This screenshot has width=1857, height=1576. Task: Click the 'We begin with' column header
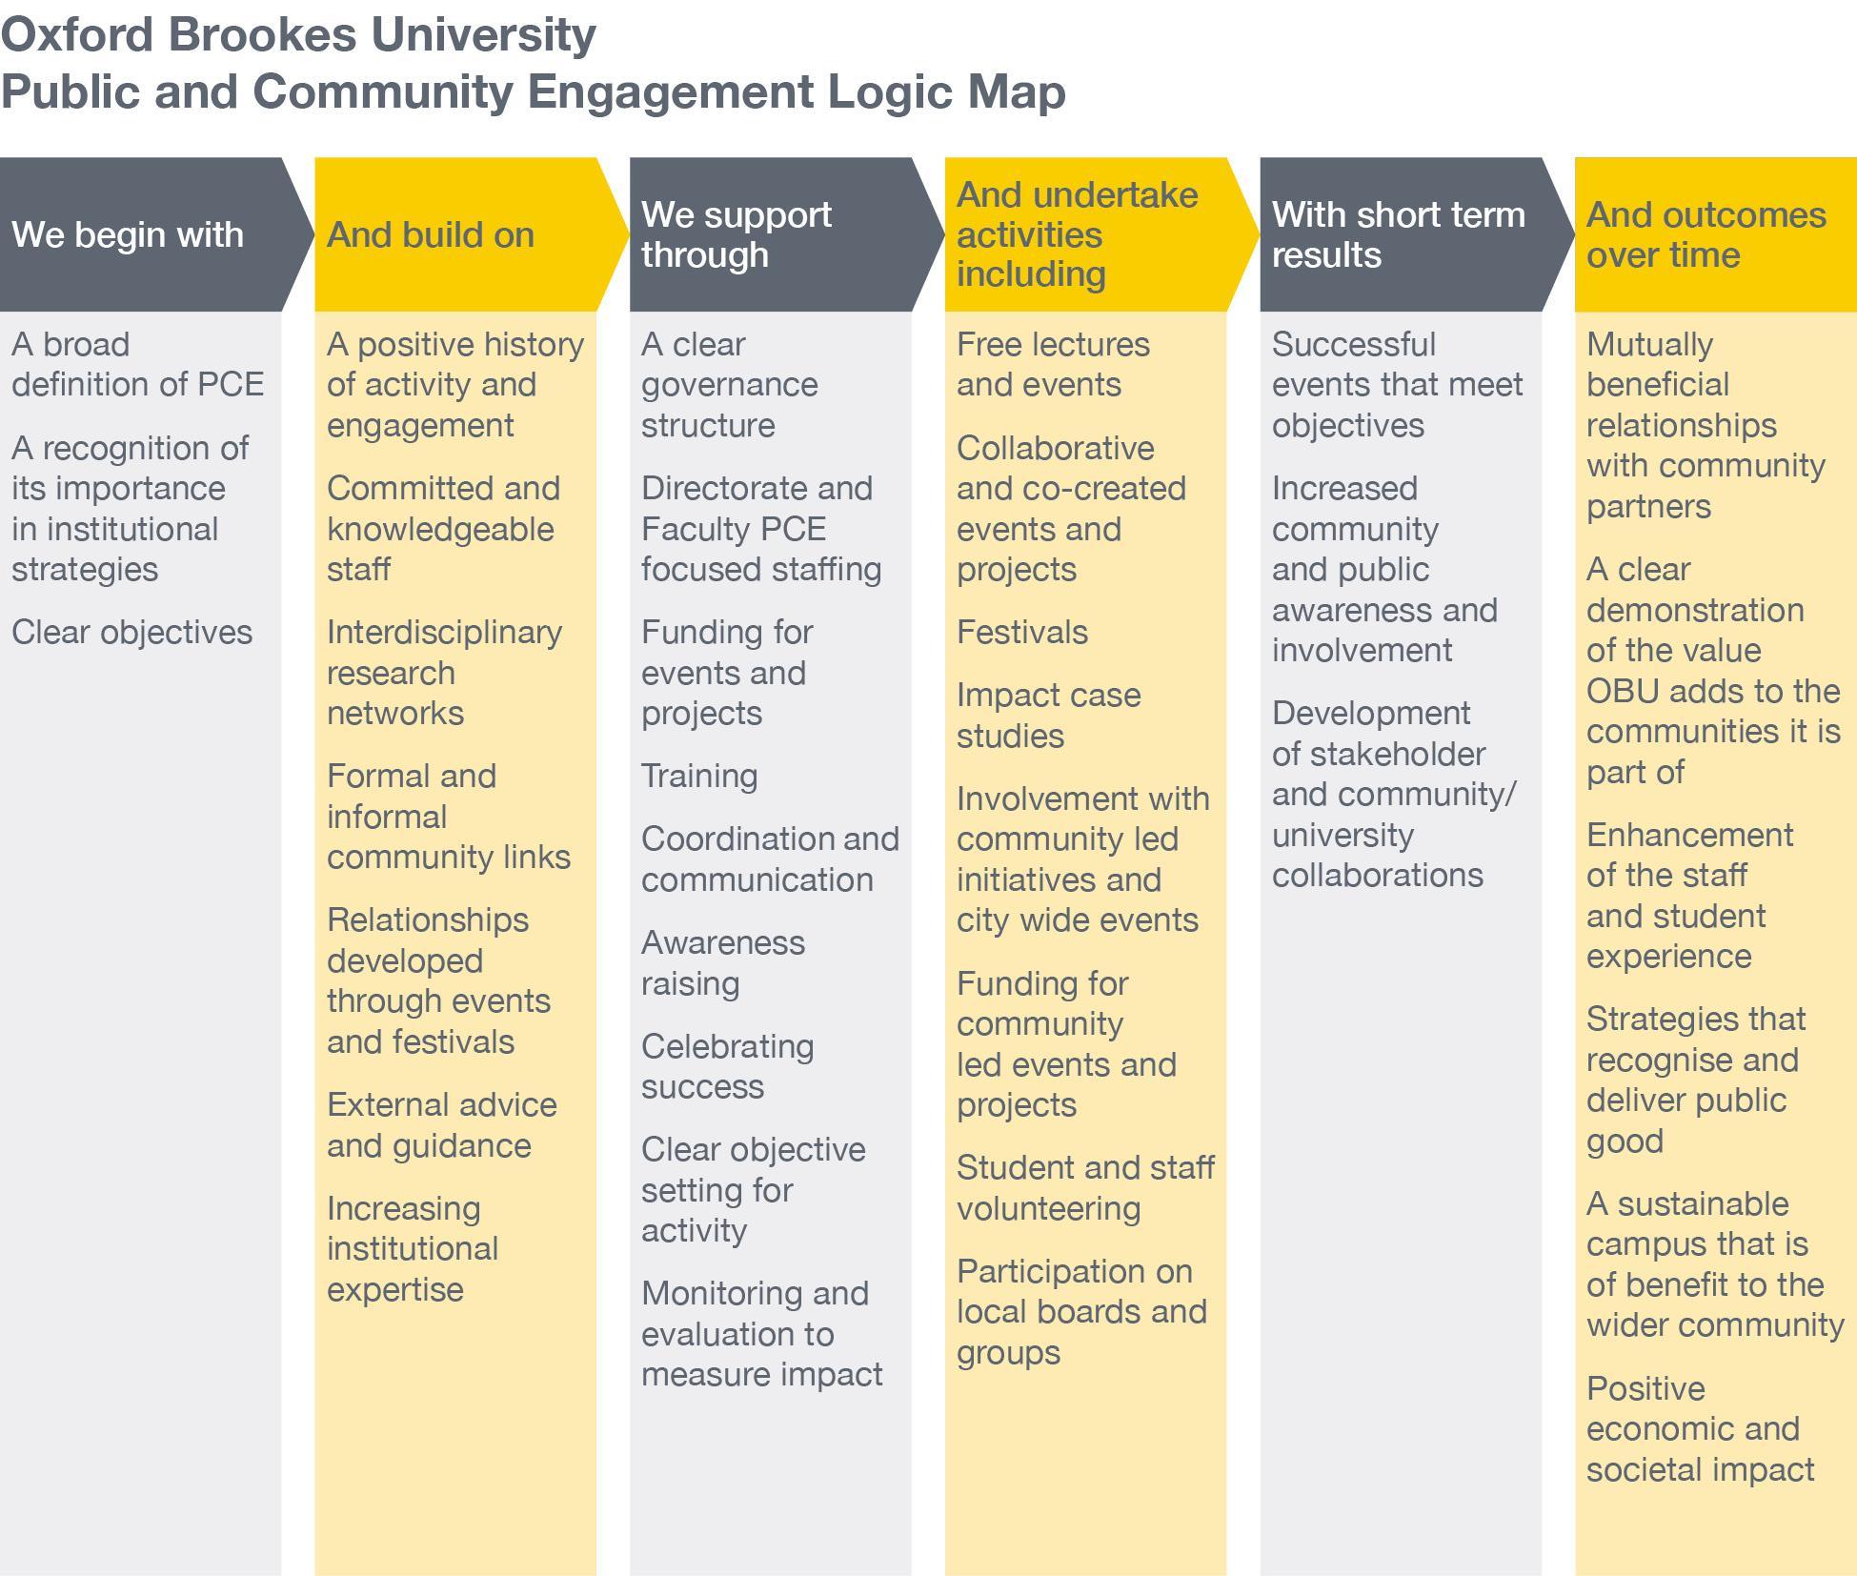[x=128, y=234]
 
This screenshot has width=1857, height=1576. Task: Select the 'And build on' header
[x=431, y=234]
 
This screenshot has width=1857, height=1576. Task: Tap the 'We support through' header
[x=736, y=234]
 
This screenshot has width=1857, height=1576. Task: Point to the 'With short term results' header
[x=1398, y=234]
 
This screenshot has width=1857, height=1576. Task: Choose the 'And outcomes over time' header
[x=1706, y=234]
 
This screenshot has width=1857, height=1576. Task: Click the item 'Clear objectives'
[x=131, y=632]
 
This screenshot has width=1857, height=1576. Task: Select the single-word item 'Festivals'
[x=1021, y=632]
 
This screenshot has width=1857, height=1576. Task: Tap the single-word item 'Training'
[x=699, y=776]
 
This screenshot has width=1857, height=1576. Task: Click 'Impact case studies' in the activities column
[x=1048, y=715]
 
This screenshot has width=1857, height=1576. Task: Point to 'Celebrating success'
[x=727, y=1066]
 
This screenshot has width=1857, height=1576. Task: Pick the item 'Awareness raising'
[x=722, y=962]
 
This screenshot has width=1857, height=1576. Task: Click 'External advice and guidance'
[x=441, y=1124]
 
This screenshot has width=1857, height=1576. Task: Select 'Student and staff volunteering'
[x=1084, y=1187]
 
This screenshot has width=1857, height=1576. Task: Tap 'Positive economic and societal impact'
[x=1700, y=1428]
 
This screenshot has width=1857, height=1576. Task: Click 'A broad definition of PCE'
[x=137, y=364]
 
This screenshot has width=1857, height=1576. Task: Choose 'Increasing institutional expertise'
[x=413, y=1248]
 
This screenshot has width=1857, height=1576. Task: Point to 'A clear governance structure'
[x=729, y=384]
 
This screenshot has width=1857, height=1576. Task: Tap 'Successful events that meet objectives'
[x=1397, y=384]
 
